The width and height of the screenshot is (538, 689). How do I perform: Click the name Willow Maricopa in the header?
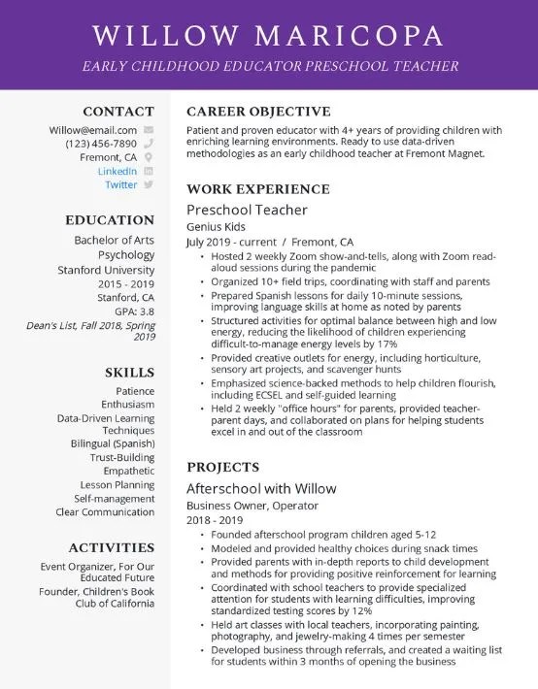[x=268, y=36]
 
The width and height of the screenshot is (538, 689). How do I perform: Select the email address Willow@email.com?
[x=93, y=129]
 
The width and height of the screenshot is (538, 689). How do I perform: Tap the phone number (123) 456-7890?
[x=101, y=143]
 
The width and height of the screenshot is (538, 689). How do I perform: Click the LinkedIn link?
[x=118, y=171]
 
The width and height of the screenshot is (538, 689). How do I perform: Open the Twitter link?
[x=121, y=184]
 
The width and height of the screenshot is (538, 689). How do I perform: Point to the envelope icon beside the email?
[x=148, y=129]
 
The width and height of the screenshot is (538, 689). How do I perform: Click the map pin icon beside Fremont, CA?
[x=148, y=157]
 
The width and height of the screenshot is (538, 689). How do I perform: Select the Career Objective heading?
[x=258, y=112]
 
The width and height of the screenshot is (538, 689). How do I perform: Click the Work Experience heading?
[x=257, y=189]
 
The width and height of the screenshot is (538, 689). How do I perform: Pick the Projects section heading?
[x=222, y=467]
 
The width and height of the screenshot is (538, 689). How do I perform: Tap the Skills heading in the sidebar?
[x=129, y=372]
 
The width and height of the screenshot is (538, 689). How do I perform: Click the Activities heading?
[x=111, y=547]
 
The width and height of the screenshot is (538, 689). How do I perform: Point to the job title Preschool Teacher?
[x=247, y=210]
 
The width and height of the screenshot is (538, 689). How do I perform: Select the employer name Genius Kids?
[x=216, y=226]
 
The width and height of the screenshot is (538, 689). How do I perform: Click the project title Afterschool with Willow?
[x=261, y=488]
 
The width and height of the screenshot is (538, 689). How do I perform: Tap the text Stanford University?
[x=105, y=269]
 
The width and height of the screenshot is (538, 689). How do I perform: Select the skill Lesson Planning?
[x=117, y=484]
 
